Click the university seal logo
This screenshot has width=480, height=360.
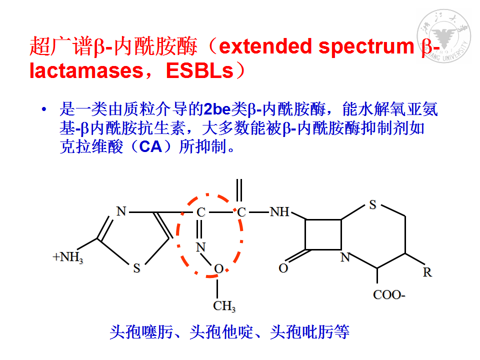tap(443, 36)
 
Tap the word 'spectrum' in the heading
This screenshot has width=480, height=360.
tap(366, 48)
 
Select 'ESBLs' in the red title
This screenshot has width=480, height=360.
tap(199, 70)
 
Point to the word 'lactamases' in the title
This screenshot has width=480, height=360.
tap(86, 70)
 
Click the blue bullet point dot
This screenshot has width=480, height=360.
tap(44, 109)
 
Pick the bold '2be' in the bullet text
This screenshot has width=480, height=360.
tap(217, 109)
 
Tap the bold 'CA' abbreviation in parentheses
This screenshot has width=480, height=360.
tap(150, 146)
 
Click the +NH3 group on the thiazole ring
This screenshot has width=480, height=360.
tap(68, 257)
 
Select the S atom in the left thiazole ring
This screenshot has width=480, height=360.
tap(136, 268)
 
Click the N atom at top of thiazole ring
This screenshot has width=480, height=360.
tap(121, 211)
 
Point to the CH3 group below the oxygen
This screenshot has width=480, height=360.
tap(224, 306)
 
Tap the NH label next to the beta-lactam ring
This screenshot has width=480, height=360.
tap(279, 211)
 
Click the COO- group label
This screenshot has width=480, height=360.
tap(389, 295)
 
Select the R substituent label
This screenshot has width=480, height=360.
tap(427, 272)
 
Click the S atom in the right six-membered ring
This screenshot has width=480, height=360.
tap(372, 205)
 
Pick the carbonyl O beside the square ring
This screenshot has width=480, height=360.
tap(283, 268)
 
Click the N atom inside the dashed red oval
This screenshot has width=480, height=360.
tap(201, 247)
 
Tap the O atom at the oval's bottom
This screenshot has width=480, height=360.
tap(218, 269)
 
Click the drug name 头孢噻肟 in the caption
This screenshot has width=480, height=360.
tap(141, 332)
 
